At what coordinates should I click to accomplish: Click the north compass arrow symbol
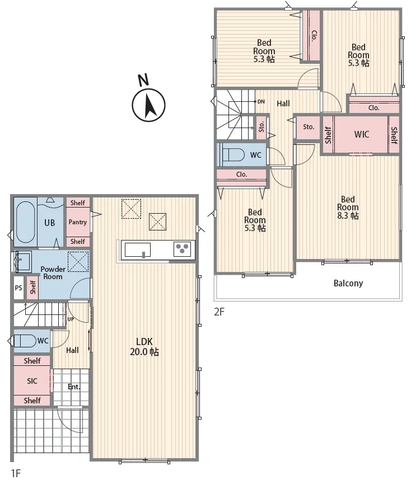point(149,105)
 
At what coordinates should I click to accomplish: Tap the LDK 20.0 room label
point(144,347)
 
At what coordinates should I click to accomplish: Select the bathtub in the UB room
point(25,222)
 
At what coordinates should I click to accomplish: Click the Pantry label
point(78,222)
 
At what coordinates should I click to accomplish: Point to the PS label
point(18,288)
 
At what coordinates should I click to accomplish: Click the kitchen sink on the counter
point(138,250)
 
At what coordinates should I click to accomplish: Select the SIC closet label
point(32,381)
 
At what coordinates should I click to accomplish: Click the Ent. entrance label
point(74,387)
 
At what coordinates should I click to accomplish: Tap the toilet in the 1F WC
point(25,341)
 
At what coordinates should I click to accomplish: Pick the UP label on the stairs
point(71,319)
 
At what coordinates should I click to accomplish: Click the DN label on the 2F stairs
point(261,101)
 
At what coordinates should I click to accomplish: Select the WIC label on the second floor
point(361,134)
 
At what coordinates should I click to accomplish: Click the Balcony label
point(348,283)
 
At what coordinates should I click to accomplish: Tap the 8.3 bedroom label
point(348,207)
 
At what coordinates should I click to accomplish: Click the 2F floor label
point(219,312)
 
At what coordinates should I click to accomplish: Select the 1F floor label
point(16,473)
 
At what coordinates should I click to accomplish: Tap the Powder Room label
point(53,273)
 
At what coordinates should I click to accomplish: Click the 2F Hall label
point(283,103)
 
